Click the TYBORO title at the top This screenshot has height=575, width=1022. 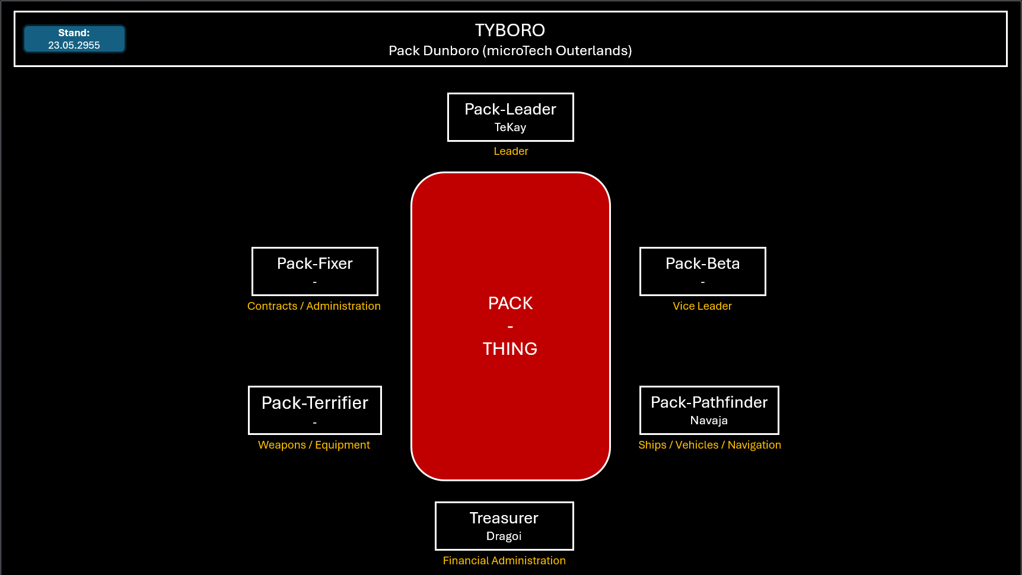coord(510,30)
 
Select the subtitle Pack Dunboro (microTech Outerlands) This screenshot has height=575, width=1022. coord(510,51)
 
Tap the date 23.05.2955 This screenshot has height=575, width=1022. coord(74,45)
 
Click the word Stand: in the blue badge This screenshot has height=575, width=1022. coord(74,33)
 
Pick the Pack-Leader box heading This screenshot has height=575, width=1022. coord(510,109)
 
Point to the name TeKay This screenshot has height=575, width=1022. coord(510,127)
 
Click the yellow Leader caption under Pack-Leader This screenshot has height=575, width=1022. coord(511,151)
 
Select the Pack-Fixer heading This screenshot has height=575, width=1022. coord(315,263)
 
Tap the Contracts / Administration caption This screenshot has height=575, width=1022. coord(314,306)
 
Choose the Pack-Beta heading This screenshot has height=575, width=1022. coord(703,263)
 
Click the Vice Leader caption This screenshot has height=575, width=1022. coord(702,306)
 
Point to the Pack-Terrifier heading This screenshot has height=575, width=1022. coord(315,403)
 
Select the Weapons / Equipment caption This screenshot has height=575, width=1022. coord(314,445)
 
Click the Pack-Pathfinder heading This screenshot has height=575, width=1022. coord(709,402)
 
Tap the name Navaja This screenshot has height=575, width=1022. coord(709,421)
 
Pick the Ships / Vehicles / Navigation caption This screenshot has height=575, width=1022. coord(709,445)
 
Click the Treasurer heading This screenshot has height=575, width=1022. coord(504,518)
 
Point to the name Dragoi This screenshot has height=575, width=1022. coord(504,536)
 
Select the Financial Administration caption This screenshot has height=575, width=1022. coord(504,561)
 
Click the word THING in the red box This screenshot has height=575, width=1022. coord(510,349)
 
